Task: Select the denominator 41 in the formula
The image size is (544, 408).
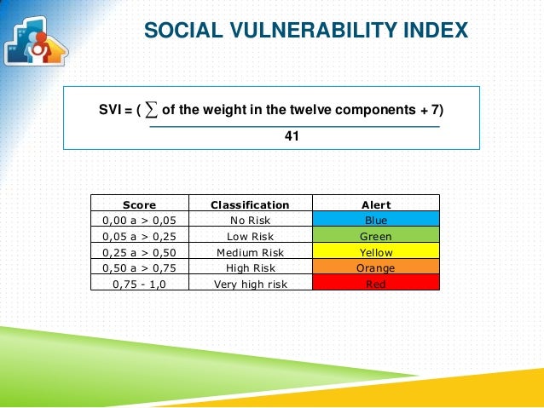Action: pos(292,135)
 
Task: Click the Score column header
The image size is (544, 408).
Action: pos(139,204)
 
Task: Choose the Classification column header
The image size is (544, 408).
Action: pos(250,204)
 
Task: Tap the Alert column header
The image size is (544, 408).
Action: pos(376,204)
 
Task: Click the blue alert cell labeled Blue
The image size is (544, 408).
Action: pos(376,221)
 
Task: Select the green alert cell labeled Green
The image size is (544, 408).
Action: pos(376,237)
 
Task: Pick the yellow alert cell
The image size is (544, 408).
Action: pos(376,252)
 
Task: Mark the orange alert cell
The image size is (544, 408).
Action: pos(376,267)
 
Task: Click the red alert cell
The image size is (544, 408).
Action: pos(376,284)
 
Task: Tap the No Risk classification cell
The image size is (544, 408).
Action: pos(250,221)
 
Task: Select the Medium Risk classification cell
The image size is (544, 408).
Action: pos(250,252)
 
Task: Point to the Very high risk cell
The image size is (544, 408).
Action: pos(250,284)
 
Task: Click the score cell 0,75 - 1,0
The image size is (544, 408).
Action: pos(139,284)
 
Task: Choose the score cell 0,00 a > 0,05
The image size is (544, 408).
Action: pos(139,221)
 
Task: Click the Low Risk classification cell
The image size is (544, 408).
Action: pos(250,237)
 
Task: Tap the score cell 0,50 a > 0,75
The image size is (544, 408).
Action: pos(139,267)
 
